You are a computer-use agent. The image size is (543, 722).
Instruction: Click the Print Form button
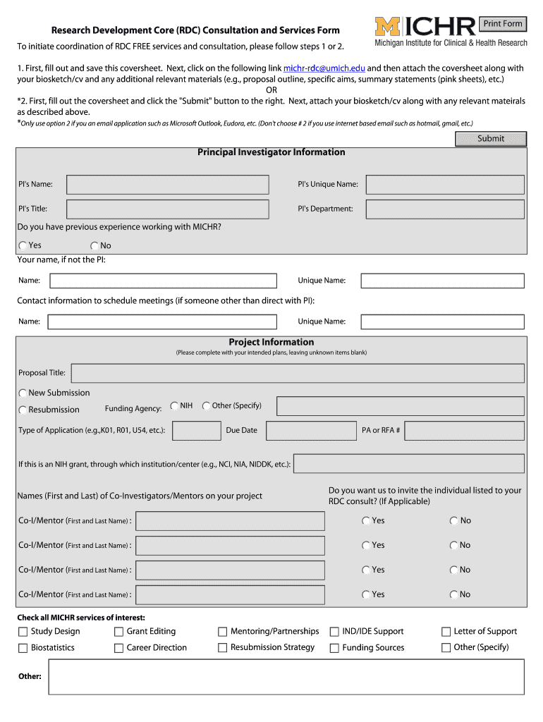pos(503,24)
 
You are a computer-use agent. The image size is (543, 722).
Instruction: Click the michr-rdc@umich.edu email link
pos(324,68)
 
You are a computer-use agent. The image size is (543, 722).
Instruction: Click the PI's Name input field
pos(167,185)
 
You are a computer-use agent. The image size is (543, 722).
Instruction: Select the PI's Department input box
pos(444,209)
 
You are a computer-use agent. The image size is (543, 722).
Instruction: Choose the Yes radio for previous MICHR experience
pos(23,246)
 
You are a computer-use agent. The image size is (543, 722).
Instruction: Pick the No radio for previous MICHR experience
pos(94,246)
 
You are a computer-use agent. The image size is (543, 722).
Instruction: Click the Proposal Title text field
pos(298,373)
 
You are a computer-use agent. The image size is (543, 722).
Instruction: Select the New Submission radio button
pos(23,393)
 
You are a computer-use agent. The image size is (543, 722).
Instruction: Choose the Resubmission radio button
pos(23,410)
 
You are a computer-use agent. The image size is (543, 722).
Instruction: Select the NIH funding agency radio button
pos(174,406)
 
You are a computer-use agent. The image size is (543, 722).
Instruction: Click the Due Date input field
pos(311,431)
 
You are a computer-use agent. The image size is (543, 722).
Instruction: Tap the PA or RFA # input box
pos(464,431)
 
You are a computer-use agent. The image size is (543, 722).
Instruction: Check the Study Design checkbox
pos(23,632)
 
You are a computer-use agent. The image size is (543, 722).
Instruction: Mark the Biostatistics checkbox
pos(23,648)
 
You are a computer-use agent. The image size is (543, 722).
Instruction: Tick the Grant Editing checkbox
pos(119,632)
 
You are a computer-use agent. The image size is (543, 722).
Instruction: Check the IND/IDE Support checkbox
pos(335,632)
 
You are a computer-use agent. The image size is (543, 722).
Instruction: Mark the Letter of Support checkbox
pos(446,632)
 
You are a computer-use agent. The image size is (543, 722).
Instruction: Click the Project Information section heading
pos(271,343)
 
